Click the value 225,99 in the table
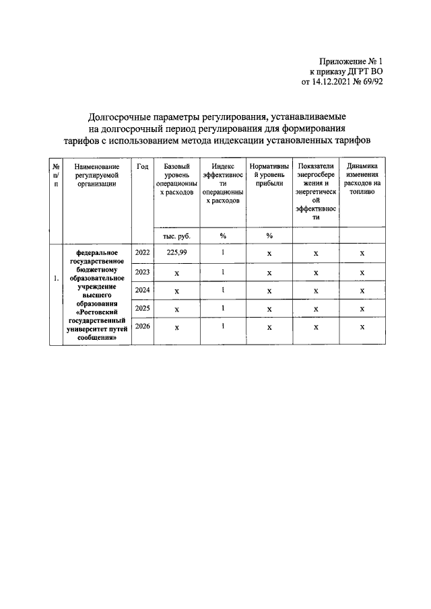(176, 252)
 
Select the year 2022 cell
(142, 252)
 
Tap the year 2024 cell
(142, 290)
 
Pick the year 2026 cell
(142, 326)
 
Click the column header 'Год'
(142, 166)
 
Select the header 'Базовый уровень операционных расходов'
(176, 179)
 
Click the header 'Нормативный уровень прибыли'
(269, 174)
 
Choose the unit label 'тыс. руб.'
(176, 236)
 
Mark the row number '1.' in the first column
(57, 278)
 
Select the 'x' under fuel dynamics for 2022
(362, 253)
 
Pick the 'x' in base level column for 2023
(176, 273)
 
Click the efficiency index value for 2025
(223, 308)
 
